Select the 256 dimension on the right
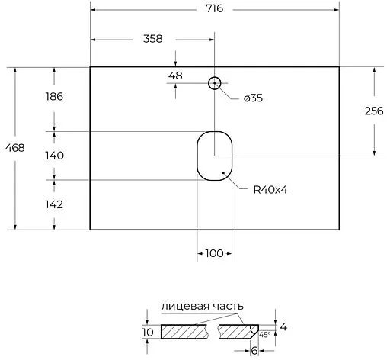click(x=373, y=111)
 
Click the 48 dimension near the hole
click(x=176, y=76)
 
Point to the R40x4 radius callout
click(x=270, y=190)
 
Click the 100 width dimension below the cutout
click(x=215, y=253)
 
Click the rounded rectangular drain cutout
click(x=215, y=156)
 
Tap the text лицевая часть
click(x=202, y=306)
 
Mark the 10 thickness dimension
click(x=148, y=332)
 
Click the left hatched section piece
click(x=184, y=332)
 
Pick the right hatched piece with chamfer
click(x=237, y=332)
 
